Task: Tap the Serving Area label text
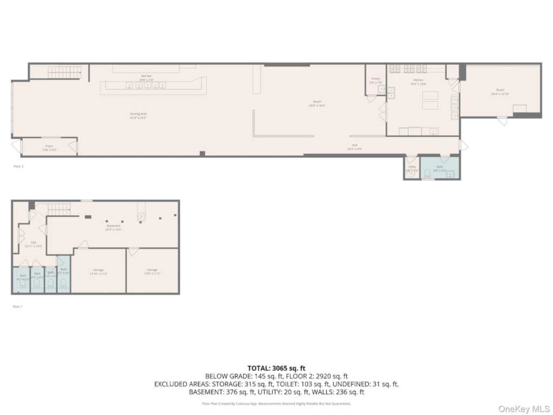coord(138,115)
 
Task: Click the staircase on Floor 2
coord(65,72)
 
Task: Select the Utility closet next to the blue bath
coord(412,168)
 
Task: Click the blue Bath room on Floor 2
coord(440,168)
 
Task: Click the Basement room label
coord(113,227)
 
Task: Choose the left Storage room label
coord(98,271)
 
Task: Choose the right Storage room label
coord(152,271)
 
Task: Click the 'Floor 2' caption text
coord(18,166)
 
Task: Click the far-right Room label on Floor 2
coord(500,91)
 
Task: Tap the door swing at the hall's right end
coord(463,145)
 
